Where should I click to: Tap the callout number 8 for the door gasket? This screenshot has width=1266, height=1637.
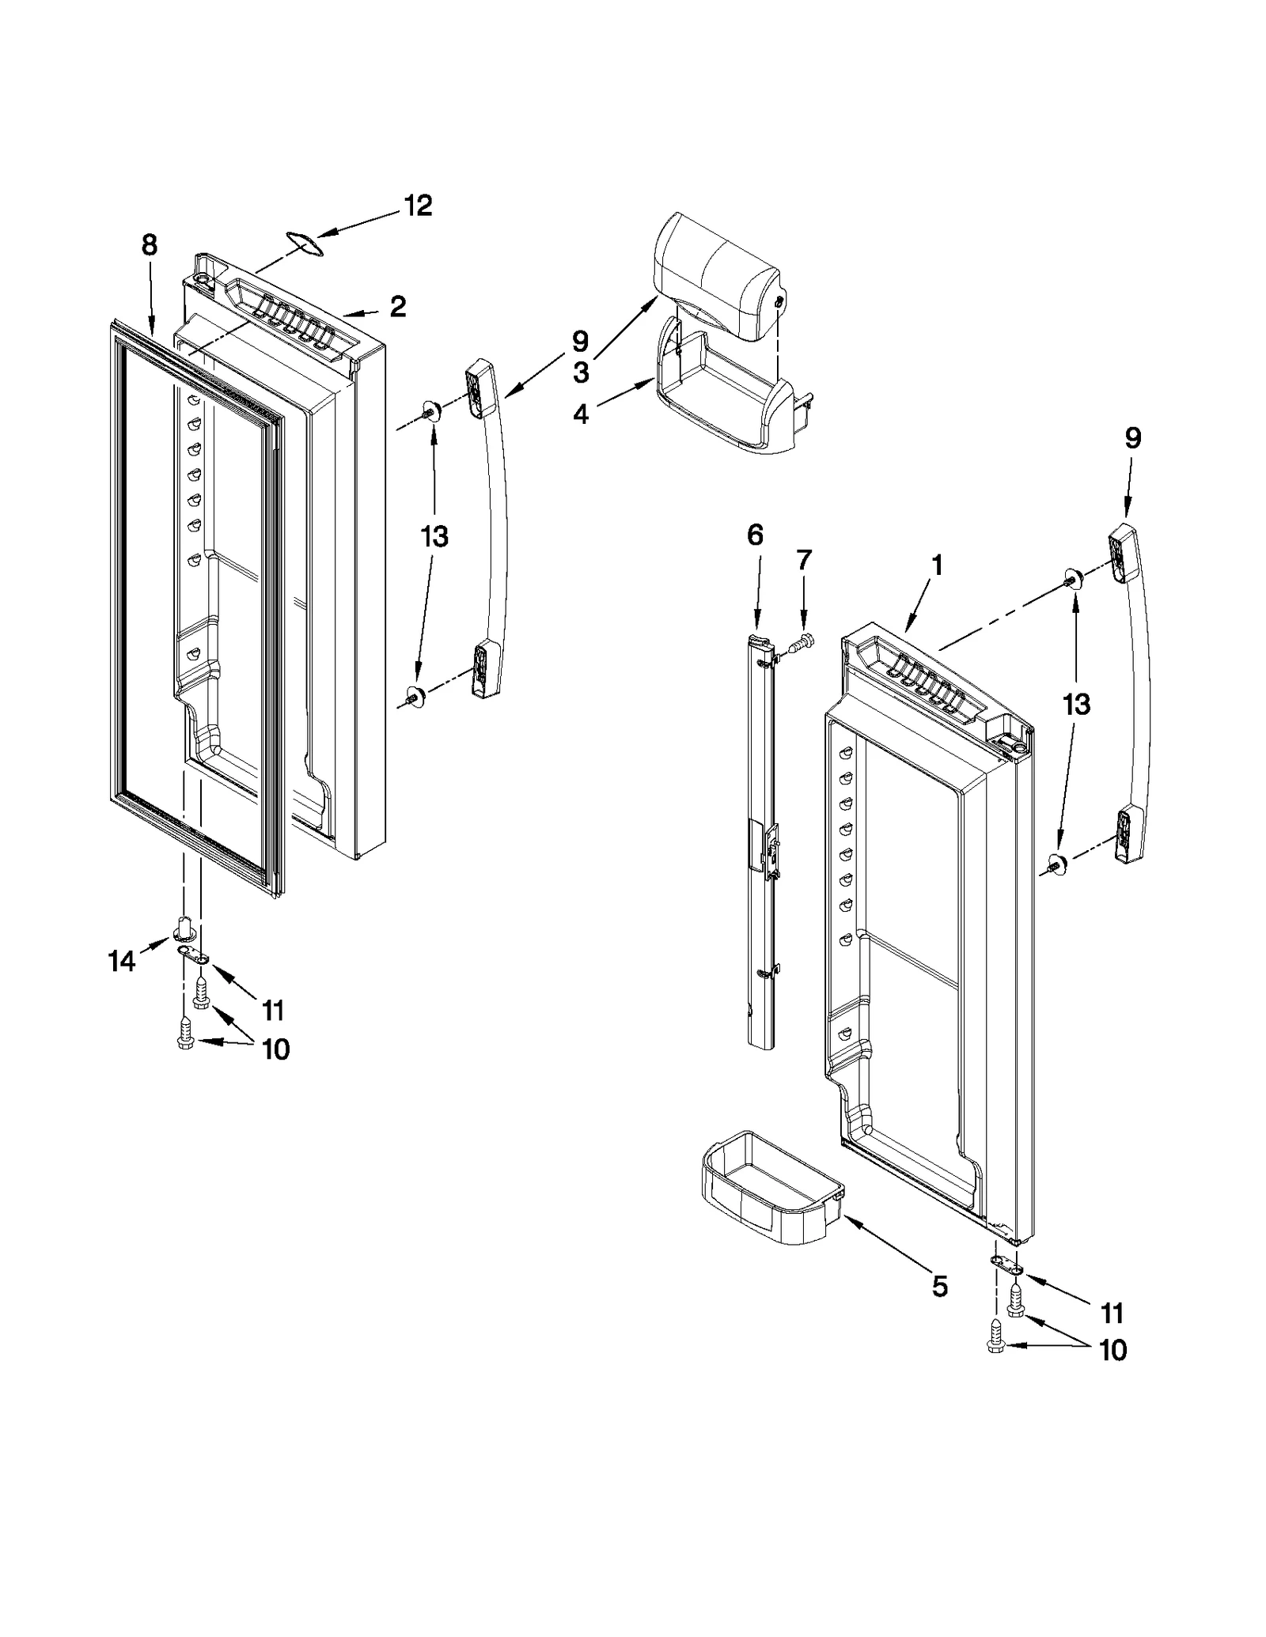[150, 245]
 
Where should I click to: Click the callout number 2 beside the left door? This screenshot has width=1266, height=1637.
[397, 306]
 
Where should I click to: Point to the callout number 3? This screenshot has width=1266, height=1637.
[581, 372]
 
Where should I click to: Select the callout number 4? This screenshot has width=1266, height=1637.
[581, 414]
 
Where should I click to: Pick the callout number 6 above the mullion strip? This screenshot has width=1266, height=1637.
[755, 535]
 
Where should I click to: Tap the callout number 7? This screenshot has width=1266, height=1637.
[803, 560]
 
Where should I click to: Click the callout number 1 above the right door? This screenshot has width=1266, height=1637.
[937, 565]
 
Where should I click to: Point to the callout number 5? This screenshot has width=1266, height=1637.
[938, 1287]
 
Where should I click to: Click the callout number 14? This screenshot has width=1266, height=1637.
[121, 962]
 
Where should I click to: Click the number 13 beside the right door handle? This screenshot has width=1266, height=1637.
[1076, 704]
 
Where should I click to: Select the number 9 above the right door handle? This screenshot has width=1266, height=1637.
[1133, 439]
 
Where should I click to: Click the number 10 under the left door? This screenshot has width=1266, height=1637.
[275, 1049]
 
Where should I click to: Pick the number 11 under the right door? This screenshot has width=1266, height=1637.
[1112, 1314]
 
